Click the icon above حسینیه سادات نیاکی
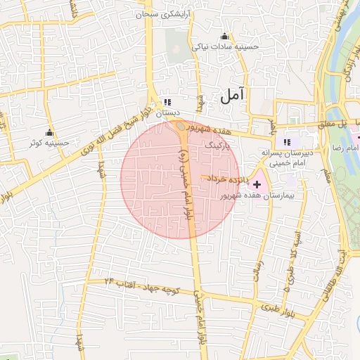click(x=225, y=37)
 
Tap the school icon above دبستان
click(x=167, y=102)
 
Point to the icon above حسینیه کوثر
click(x=49, y=133)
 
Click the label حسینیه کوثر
click(x=49, y=143)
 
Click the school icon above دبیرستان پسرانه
click(x=286, y=141)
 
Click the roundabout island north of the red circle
click(x=181, y=127)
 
